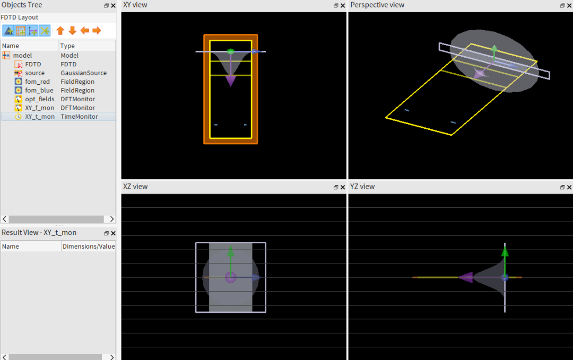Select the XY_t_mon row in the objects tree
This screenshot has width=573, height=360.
pyautogui.click(x=40, y=117)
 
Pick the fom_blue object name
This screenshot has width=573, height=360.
pyautogui.click(x=39, y=90)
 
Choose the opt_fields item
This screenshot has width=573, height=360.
pyautogui.click(x=39, y=99)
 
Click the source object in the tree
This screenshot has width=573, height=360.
pyautogui.click(x=34, y=73)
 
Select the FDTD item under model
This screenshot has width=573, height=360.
pyautogui.click(x=33, y=64)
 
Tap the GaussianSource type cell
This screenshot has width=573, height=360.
pyautogui.click(x=84, y=73)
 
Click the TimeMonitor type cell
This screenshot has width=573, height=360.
pyautogui.click(x=79, y=117)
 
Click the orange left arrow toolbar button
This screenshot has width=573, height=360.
pyautogui.click(x=84, y=31)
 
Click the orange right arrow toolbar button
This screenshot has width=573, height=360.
pyautogui.click(x=97, y=31)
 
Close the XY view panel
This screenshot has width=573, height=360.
pyautogui.click(x=343, y=5)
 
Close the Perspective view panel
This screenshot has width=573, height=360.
pyautogui.click(x=569, y=5)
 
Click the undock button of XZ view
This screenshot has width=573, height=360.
pyautogui.click(x=336, y=187)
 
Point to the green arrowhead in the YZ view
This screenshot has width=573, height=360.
pyautogui.click(x=505, y=251)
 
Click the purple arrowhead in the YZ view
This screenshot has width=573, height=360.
pyautogui.click(x=466, y=277)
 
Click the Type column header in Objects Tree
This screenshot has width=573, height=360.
pyautogui.click(x=67, y=46)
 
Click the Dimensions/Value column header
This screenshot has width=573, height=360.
pyautogui.click(x=89, y=247)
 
